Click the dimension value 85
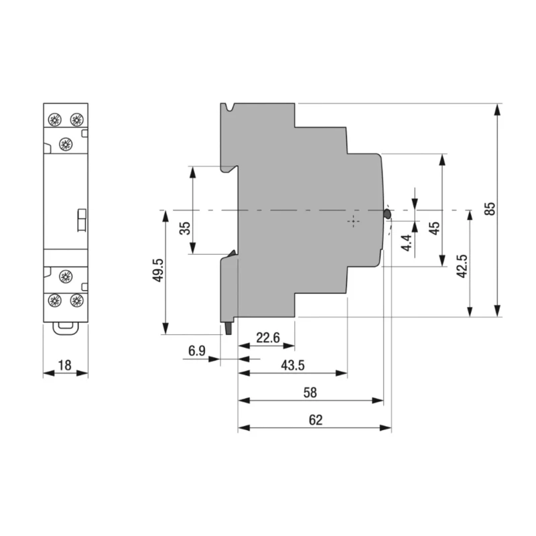tap(490, 208)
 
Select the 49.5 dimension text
tap(158, 270)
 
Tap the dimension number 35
tap(185, 228)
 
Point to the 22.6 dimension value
tap(268, 338)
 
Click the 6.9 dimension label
tap(197, 350)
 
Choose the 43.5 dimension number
tap(293, 365)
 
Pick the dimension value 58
tap(310, 393)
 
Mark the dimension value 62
tap(316, 420)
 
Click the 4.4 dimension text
tap(407, 243)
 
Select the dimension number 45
tap(434, 228)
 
